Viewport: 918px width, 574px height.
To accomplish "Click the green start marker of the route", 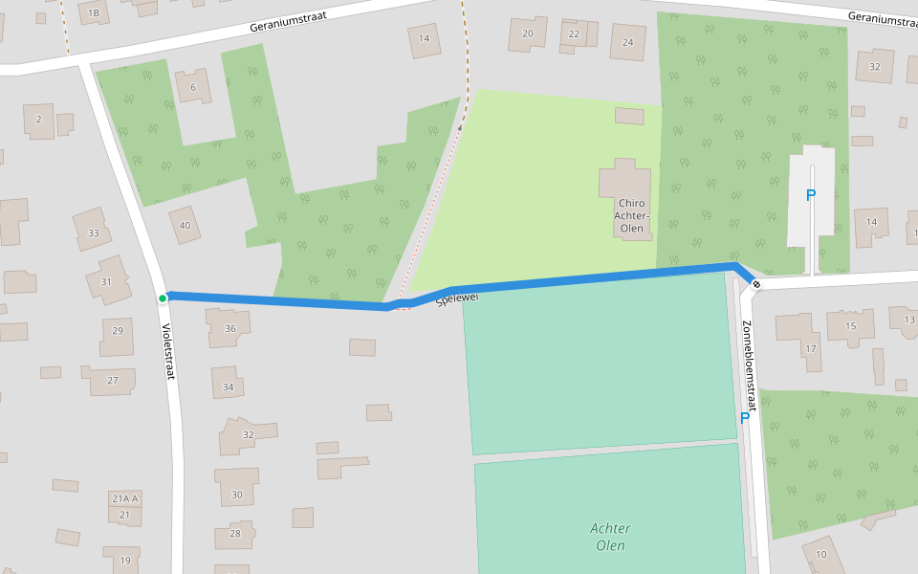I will [163, 298].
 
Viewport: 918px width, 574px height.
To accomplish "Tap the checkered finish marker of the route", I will [756, 284].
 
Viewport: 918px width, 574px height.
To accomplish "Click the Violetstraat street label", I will [168, 351].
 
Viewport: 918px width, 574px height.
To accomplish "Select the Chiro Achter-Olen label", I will [630, 215].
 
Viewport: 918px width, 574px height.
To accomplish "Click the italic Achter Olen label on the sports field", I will [609, 537].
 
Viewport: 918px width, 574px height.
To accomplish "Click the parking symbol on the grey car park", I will [811, 195].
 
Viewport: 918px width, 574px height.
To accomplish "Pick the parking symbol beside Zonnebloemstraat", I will [744, 417].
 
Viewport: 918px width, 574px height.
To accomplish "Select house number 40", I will [185, 226].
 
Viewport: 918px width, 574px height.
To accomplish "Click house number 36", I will [229, 328].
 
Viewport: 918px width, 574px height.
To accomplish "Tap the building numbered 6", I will [193, 87].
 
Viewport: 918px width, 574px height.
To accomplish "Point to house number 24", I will [627, 42].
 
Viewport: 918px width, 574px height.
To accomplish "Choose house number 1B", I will [93, 12].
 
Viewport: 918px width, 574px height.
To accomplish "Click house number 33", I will [93, 233].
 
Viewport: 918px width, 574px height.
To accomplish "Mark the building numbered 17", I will [811, 348].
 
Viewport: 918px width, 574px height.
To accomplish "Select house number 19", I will [124, 561].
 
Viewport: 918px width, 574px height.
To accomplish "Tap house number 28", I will [234, 533].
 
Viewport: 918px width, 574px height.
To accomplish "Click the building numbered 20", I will [527, 33].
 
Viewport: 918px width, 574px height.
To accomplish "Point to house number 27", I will [113, 380].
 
